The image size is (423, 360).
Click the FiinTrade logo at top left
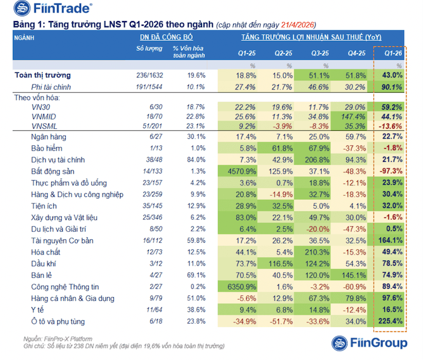(x=47, y=10)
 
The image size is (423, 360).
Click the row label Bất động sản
(x=53, y=171)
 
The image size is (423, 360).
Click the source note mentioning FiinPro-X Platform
(x=58, y=339)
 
